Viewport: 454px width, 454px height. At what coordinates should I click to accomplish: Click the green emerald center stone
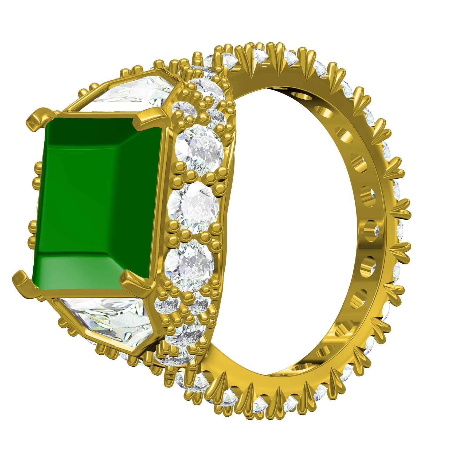[x=96, y=203]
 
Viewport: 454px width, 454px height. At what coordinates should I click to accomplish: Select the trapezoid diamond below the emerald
[x=107, y=320]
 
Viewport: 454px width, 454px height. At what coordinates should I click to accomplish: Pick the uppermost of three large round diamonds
[x=200, y=151]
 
